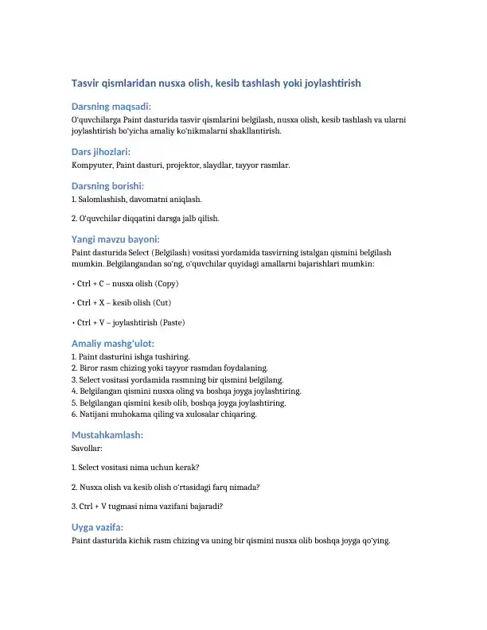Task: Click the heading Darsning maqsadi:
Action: [111, 106]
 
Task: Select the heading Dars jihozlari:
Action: [101, 151]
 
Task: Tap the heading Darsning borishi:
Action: [110, 186]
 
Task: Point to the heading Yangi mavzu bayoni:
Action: [115, 239]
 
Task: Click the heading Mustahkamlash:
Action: [107, 436]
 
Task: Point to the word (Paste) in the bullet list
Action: [173, 323]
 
